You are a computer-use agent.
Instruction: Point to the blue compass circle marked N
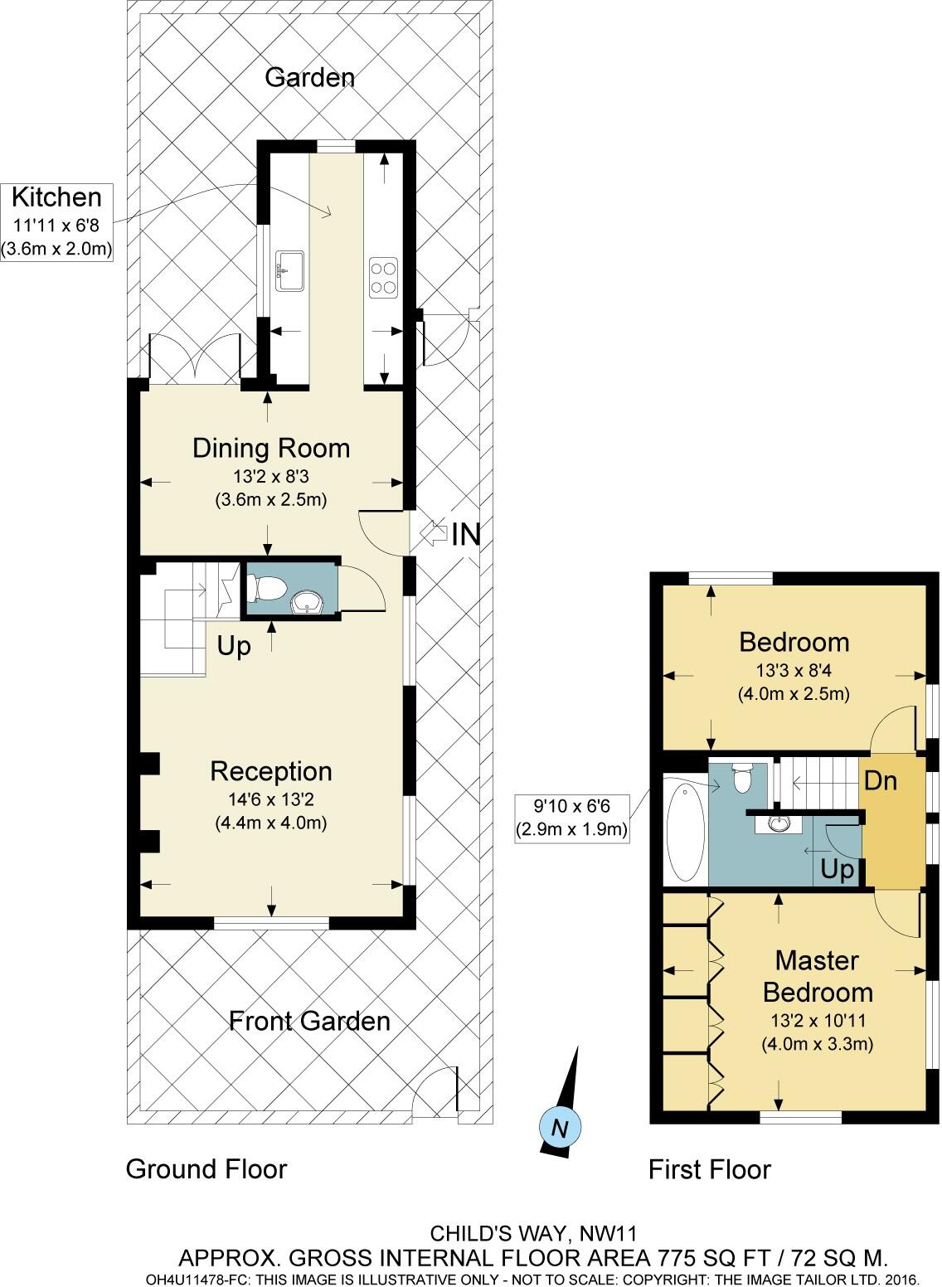pyautogui.click(x=560, y=1128)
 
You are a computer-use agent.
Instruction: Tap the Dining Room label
pyautogui.click(x=271, y=449)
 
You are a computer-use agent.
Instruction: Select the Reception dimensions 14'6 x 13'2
pyautogui.click(x=271, y=799)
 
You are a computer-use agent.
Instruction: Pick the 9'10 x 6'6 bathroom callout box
pyautogui.click(x=571, y=818)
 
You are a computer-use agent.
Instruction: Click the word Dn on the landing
pyautogui.click(x=881, y=781)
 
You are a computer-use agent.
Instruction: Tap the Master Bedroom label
pyautogui.click(x=817, y=976)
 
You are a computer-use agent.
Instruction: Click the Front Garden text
pyautogui.click(x=309, y=1021)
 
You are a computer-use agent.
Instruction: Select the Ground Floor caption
pyautogui.click(x=206, y=1169)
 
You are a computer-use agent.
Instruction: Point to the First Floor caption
pyautogui.click(x=709, y=1170)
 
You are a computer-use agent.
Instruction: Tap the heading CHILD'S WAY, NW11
pyautogui.click(x=532, y=1233)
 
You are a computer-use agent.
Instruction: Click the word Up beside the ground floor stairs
pyautogui.click(x=234, y=646)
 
